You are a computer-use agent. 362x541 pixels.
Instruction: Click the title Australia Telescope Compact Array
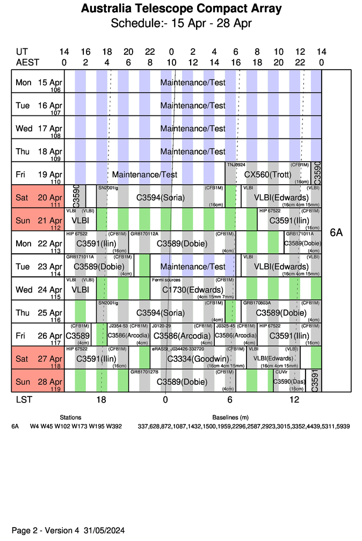(181, 9)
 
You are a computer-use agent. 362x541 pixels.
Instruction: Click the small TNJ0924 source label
(236, 164)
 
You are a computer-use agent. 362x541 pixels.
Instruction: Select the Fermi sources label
(166, 280)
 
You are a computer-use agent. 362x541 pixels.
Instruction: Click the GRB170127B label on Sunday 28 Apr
(144, 372)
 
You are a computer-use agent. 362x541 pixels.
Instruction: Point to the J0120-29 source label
(161, 326)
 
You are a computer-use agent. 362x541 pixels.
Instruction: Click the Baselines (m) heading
(230, 417)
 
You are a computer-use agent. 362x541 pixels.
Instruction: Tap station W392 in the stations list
(114, 426)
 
